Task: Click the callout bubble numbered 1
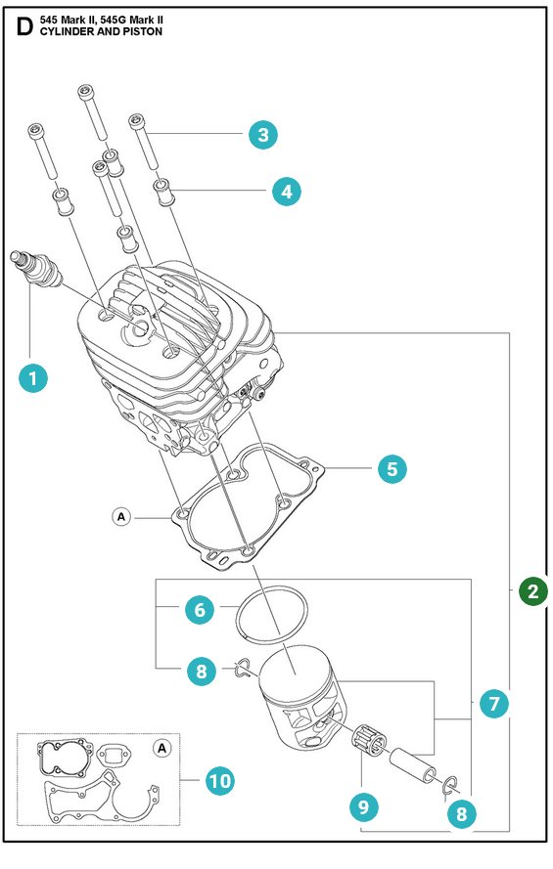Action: (x=32, y=378)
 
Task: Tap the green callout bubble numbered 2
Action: (x=533, y=590)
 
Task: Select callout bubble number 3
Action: (x=263, y=134)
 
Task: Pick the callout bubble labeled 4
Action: (x=286, y=192)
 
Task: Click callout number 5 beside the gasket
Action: (x=392, y=469)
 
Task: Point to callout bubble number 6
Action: (x=200, y=610)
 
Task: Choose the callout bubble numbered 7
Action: (x=493, y=704)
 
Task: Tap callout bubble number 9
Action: (x=364, y=806)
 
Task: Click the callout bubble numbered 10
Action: (x=219, y=781)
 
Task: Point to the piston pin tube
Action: (x=413, y=765)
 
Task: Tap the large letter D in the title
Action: (x=24, y=26)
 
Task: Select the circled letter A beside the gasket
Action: (x=121, y=517)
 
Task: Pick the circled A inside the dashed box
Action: (x=161, y=748)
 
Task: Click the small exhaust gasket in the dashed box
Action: (x=115, y=754)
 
